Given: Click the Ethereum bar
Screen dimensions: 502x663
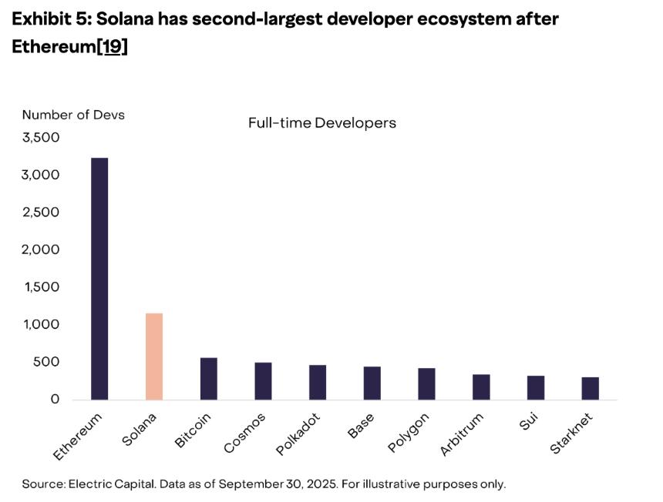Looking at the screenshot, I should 99,278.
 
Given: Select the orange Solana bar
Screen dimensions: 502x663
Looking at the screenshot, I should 154,356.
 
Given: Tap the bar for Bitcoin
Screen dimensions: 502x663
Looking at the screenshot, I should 208,378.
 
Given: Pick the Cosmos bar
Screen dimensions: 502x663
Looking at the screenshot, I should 263,380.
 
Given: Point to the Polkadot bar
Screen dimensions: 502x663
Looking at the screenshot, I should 318,382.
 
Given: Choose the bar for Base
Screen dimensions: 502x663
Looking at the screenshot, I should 372,383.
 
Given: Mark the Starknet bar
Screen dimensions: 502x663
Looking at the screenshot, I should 591,388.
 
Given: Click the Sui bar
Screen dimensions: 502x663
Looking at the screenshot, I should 536,387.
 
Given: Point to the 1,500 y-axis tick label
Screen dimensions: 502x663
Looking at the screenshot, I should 42,287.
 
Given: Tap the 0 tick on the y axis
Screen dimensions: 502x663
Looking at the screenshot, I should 55,399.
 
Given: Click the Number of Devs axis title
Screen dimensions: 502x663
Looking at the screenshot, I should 73,115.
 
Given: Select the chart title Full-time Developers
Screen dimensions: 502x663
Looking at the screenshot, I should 322,122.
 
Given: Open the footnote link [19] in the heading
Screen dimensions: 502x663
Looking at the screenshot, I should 112,46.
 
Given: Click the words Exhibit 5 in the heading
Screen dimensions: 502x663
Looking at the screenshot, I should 47,19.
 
